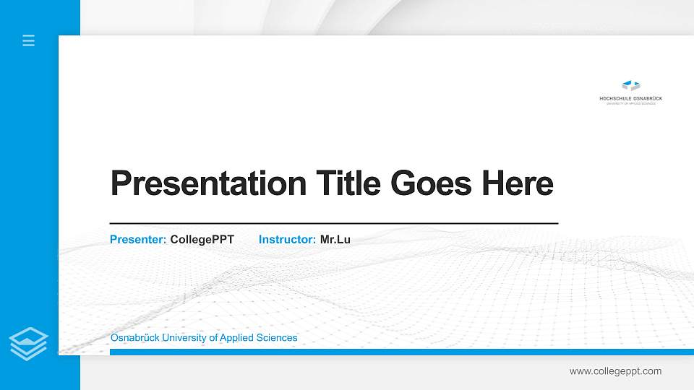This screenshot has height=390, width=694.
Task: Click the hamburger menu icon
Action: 28,40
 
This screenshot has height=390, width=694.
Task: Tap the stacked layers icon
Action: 28,343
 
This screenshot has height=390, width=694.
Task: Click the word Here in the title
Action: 518,183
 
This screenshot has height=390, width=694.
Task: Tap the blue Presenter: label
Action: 138,239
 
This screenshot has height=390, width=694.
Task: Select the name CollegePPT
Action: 202,239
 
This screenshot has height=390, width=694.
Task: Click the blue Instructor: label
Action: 287,239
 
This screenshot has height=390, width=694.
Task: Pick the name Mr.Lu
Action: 335,239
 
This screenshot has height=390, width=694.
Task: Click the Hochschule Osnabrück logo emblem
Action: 631,86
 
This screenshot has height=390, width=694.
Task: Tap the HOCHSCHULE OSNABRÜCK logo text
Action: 631,98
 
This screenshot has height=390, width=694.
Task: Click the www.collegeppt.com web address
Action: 615,371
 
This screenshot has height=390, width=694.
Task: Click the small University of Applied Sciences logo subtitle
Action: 631,103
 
